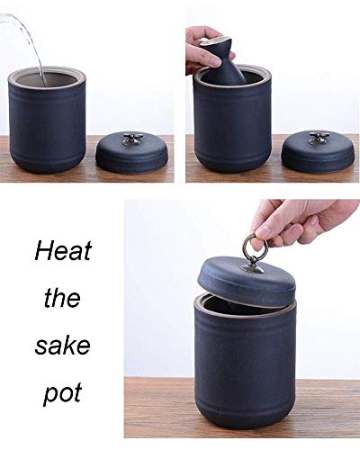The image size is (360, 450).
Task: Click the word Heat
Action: (x=63, y=251)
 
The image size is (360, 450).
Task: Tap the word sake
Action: (x=62, y=346)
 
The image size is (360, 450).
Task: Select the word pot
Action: (x=62, y=393)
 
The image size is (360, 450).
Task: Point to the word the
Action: (x=62, y=298)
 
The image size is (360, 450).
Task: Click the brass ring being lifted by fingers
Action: (x=251, y=247)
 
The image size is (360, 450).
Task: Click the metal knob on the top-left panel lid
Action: (x=130, y=139)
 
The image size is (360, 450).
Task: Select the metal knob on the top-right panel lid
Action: (x=318, y=138)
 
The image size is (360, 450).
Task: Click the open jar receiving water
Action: (x=48, y=120)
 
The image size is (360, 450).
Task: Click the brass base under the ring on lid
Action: (x=253, y=268)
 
